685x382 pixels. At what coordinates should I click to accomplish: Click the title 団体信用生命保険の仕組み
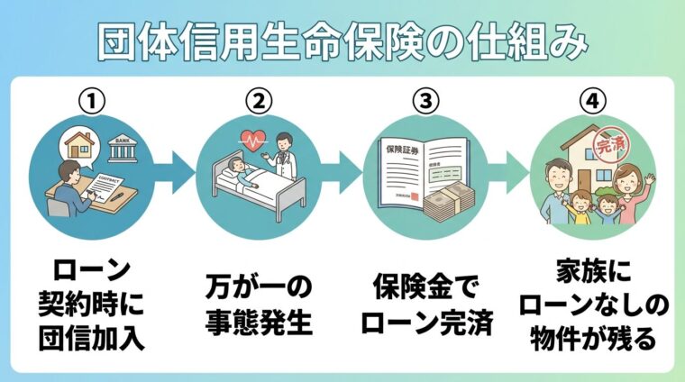coord(342,41)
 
